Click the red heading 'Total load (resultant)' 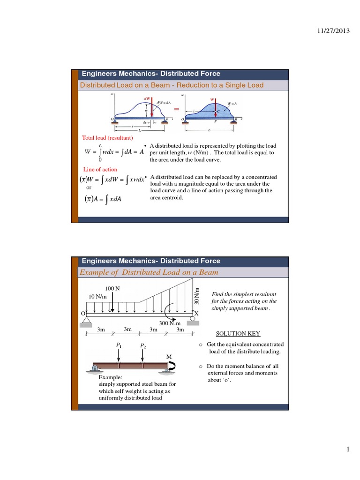point(108,138)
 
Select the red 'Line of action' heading point(100,169)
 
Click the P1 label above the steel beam point(119,345)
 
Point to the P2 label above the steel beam point(142,345)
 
